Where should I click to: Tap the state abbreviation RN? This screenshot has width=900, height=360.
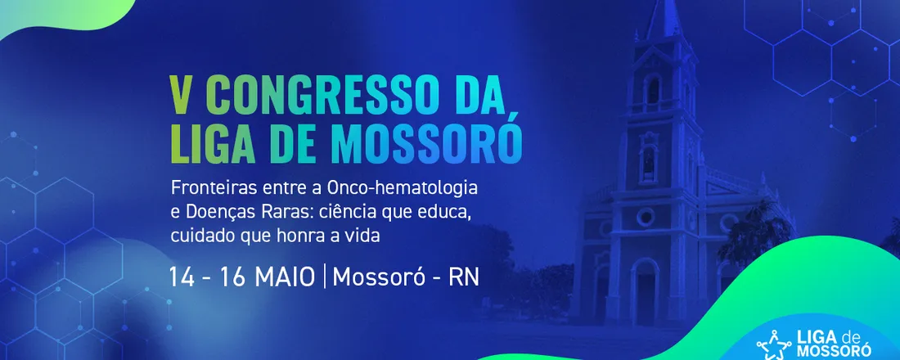(x=464, y=277)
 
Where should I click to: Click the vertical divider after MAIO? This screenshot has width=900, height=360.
(x=325, y=277)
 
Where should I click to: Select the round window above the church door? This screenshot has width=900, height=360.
(x=646, y=217)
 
